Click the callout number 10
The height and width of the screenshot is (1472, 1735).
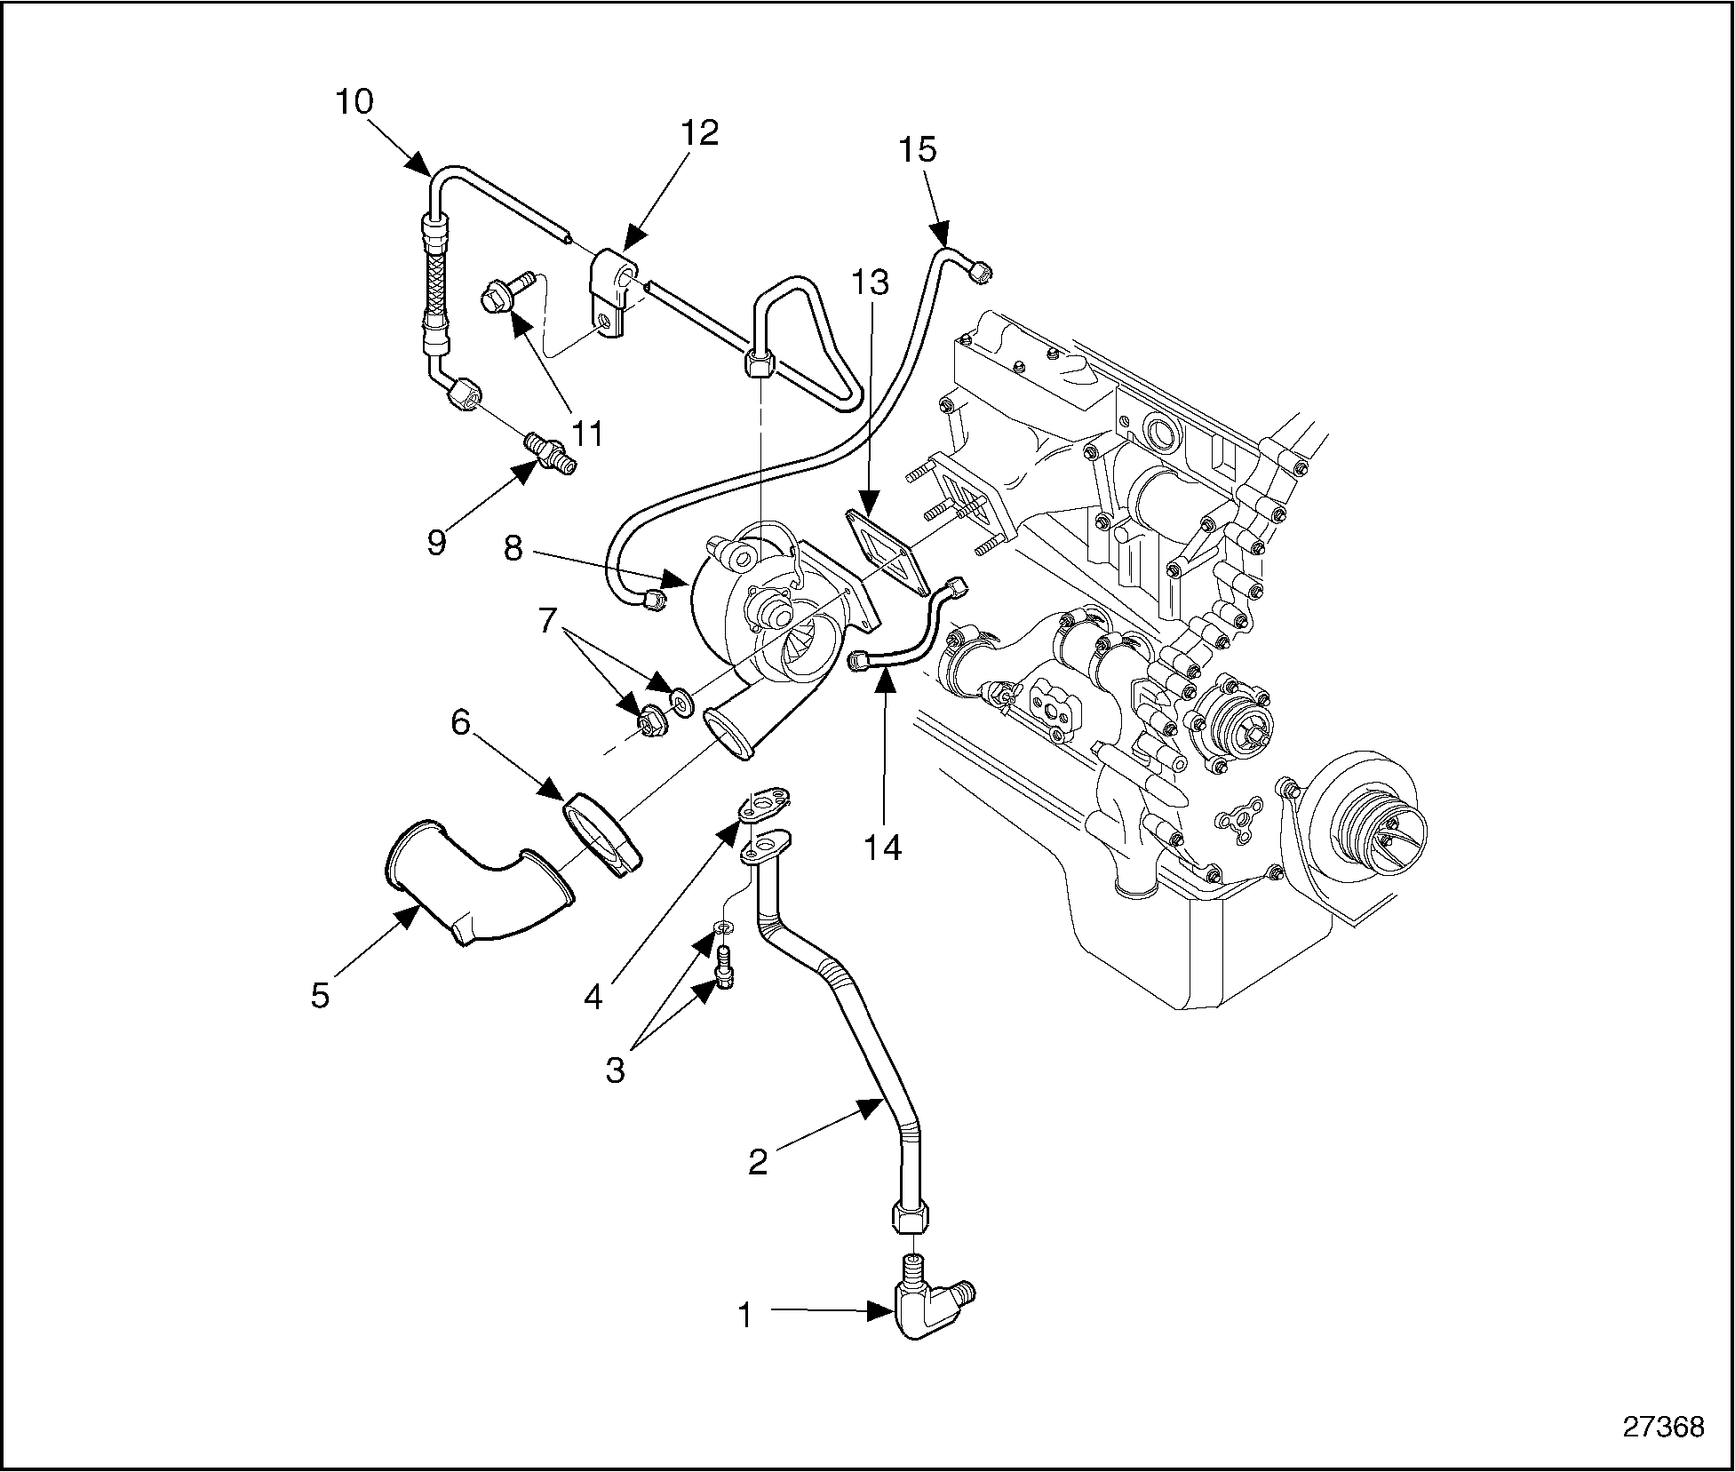tap(354, 101)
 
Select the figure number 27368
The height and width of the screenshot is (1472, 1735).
tap(1663, 1428)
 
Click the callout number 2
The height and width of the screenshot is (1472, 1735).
tap(757, 1161)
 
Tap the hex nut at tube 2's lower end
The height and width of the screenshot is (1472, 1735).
tap(907, 1216)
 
